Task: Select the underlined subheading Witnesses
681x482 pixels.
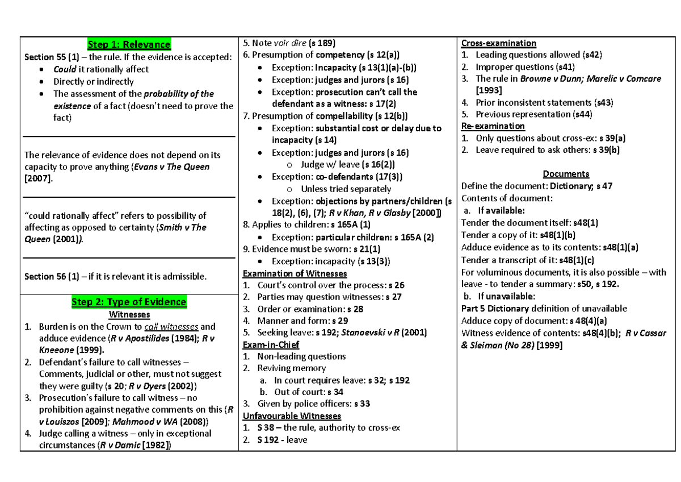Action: (129, 314)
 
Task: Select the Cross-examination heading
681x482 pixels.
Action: (498, 43)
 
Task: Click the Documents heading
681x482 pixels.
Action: (566, 174)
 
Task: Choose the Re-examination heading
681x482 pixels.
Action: (493, 126)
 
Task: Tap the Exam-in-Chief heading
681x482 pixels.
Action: (271, 344)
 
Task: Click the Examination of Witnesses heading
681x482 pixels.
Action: (295, 273)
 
